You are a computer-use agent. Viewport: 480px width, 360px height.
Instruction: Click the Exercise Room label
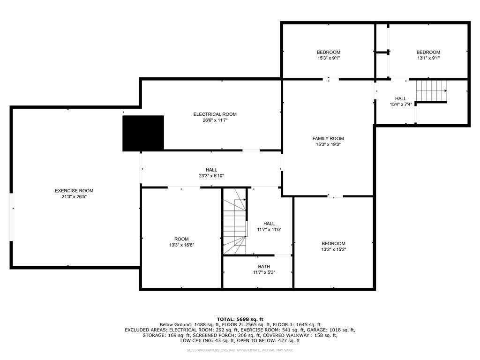tap(74, 191)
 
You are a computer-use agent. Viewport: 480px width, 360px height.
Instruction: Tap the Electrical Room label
tap(215, 114)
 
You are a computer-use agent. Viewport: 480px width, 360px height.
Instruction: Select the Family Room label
tap(328, 138)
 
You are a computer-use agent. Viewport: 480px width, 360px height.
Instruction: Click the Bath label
tap(264, 266)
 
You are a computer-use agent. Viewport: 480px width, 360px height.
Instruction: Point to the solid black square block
tap(143, 133)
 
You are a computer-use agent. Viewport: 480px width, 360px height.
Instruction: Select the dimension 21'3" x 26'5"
tap(74, 197)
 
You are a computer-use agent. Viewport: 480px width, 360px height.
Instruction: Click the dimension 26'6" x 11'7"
tap(215, 120)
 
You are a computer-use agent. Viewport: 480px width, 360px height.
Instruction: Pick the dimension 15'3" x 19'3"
tap(328, 145)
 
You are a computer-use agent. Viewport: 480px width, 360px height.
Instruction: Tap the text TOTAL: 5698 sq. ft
tap(240, 319)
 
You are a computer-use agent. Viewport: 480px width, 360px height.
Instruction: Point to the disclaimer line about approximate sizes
tap(240, 350)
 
